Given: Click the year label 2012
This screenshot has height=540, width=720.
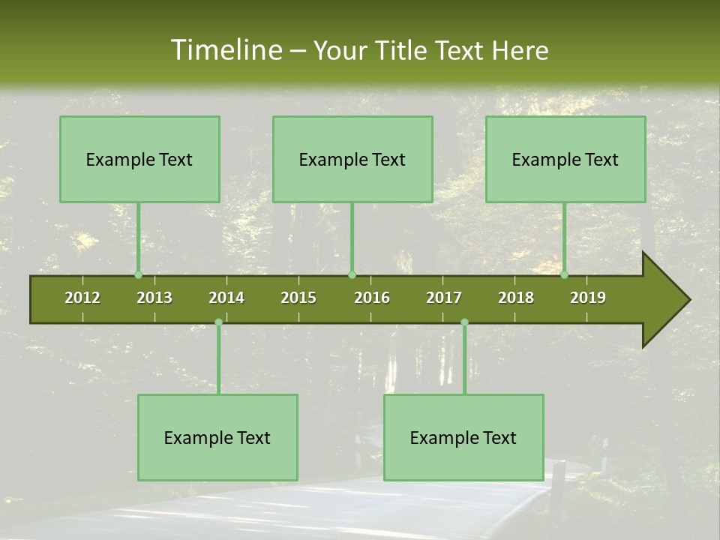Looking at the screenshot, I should [x=82, y=298].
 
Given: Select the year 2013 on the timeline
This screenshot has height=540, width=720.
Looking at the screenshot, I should [x=154, y=298].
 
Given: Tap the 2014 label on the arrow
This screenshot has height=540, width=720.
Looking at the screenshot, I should [x=226, y=298].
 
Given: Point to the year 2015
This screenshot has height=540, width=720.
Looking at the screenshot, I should [x=298, y=298].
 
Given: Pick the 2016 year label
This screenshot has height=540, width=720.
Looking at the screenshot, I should [x=372, y=298].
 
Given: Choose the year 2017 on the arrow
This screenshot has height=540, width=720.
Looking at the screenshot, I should [x=444, y=298].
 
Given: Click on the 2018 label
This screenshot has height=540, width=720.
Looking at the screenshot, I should [x=516, y=298].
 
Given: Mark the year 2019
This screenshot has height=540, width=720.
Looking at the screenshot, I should [x=588, y=298].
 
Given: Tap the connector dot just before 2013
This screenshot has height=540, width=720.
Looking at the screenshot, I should [x=138, y=274].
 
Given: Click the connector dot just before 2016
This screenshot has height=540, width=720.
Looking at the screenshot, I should [x=352, y=274].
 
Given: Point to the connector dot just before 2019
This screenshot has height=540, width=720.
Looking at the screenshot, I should [x=565, y=274].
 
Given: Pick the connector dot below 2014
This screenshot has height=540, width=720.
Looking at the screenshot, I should [x=218, y=322].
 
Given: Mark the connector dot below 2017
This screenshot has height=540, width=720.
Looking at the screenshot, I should [x=464, y=322].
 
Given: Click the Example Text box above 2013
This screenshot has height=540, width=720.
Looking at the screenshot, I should [x=139, y=159].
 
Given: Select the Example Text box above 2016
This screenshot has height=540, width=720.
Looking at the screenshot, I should [x=352, y=159].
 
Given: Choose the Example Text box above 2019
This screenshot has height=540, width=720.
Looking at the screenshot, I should [x=565, y=159].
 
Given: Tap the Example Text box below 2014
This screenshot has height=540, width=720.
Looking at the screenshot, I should [x=217, y=437].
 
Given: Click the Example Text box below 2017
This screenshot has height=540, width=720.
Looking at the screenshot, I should [x=463, y=437].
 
